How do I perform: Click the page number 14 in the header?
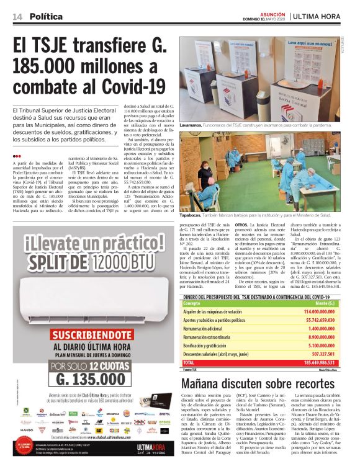coord(16,16)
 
